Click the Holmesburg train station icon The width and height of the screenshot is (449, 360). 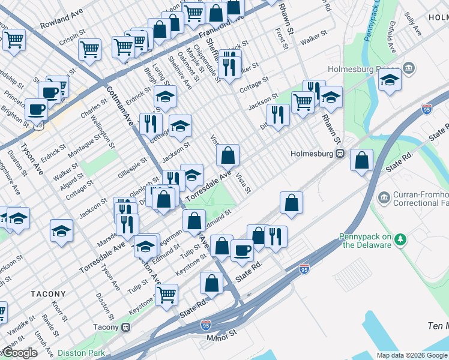(340, 153)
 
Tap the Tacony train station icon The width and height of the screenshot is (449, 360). (125, 327)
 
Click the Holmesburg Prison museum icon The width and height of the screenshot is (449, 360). (410, 68)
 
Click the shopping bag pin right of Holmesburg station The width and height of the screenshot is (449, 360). (361, 160)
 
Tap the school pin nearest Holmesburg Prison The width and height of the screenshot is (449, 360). (390, 80)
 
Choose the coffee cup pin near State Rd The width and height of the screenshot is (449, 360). (242, 249)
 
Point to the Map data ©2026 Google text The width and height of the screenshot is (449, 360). (412, 355)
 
